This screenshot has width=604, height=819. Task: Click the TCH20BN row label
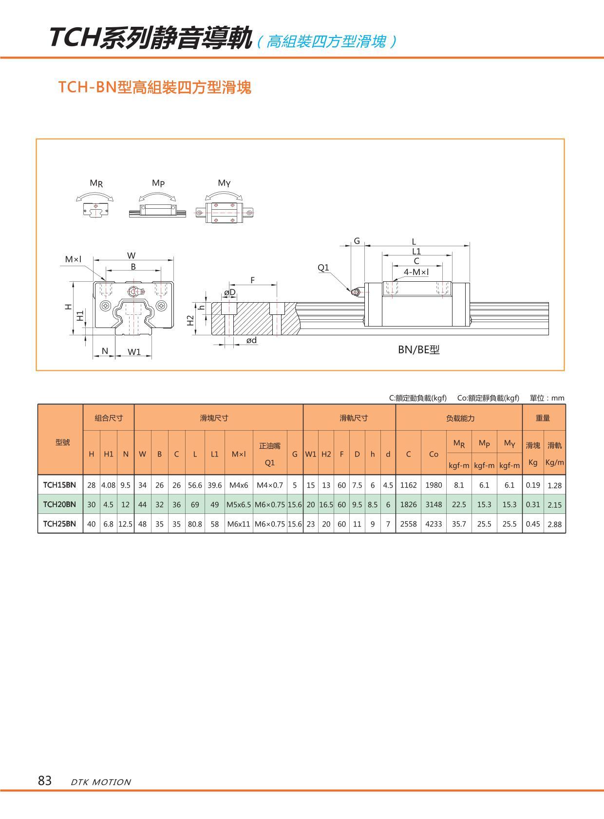[59, 504]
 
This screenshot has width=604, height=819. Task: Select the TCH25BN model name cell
[59, 524]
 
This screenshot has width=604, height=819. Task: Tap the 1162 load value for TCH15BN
[408, 485]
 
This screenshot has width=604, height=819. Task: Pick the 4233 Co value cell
[434, 524]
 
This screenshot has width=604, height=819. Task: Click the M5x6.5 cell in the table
[239, 505]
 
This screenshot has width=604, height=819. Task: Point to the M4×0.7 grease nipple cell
[269, 485]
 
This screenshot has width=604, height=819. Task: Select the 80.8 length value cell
[195, 524]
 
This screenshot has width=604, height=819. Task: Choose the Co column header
[434, 454]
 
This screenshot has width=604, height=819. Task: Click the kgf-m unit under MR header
[459, 466]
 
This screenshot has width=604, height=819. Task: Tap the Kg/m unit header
[555, 462]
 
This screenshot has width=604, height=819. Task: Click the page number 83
[44, 781]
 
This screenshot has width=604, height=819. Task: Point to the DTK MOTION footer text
[101, 782]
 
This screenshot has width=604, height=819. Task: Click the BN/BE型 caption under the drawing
[419, 349]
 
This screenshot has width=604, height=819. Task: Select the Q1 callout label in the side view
[323, 267]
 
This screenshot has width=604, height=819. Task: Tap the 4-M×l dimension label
[416, 272]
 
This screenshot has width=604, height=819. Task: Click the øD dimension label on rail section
[229, 292]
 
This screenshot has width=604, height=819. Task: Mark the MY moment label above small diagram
[224, 183]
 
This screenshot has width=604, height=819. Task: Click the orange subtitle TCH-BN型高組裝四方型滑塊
[155, 87]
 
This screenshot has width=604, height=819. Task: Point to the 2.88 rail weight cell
[555, 524]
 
